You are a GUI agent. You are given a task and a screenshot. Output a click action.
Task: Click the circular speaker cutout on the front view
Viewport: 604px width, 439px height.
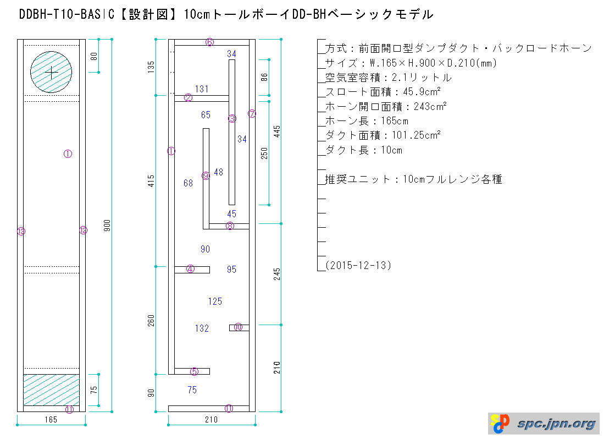coord(51,72)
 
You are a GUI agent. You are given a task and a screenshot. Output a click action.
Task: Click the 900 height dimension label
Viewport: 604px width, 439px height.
coord(108,225)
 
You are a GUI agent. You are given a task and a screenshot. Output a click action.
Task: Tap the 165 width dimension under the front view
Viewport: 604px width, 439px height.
coord(51,420)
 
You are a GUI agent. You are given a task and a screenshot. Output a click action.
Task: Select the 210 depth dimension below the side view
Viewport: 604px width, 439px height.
coord(211,420)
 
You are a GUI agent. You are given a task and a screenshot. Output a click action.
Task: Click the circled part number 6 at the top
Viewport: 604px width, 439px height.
coord(210,42)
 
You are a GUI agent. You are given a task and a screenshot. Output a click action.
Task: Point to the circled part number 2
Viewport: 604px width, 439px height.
coord(189,98)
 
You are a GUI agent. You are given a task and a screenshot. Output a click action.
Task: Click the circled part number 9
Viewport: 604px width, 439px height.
coord(206,175)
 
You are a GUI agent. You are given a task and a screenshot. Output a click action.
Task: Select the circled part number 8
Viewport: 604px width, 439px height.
coord(230,226)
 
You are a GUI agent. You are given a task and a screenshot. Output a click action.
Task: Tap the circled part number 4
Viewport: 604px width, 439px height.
coord(190,269)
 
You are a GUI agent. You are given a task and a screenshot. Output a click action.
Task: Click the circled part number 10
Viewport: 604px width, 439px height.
coord(238,327)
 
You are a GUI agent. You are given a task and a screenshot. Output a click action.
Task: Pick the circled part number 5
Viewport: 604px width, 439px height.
coord(194,371)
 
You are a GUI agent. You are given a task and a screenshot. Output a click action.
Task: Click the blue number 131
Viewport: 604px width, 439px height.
coord(202,89)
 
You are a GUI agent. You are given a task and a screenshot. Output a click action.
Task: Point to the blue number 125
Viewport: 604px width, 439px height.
coord(215,301)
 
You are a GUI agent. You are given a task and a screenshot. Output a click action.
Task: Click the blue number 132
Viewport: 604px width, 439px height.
coord(202,328)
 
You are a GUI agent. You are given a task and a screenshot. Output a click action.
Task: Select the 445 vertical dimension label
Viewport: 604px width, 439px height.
coord(277,131)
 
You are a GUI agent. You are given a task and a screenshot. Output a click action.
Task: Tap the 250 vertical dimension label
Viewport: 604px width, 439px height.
coord(264,153)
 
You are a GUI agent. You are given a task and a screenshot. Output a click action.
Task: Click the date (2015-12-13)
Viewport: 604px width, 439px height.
coord(358,265)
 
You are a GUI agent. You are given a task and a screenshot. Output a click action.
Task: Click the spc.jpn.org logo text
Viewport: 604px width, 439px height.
coord(556,424)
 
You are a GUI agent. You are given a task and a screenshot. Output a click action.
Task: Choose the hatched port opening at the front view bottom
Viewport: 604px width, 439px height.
coord(51,389)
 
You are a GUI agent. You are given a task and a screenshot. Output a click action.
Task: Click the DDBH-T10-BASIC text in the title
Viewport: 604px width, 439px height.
coord(67,15)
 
